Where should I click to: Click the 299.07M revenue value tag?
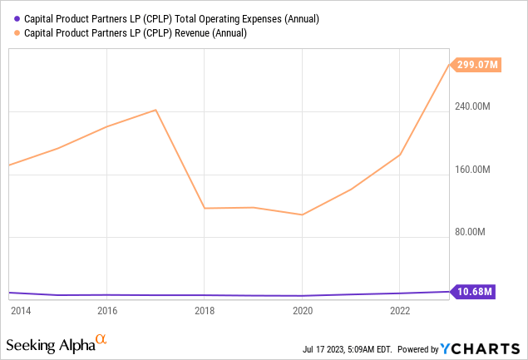pos(476,64)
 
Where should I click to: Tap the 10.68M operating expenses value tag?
pos(476,291)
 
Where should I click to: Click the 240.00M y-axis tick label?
pos(472,106)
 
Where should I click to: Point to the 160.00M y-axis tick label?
pos(472,170)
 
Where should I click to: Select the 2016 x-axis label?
pos(106,311)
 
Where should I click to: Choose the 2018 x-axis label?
pos(205,311)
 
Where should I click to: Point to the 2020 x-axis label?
pos(303,311)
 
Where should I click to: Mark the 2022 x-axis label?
pos(401,311)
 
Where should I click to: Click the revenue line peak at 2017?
pos(155,110)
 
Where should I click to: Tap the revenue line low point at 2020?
pos(303,215)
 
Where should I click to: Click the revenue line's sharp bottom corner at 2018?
pos(205,208)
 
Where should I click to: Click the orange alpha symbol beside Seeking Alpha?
pos(101,340)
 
